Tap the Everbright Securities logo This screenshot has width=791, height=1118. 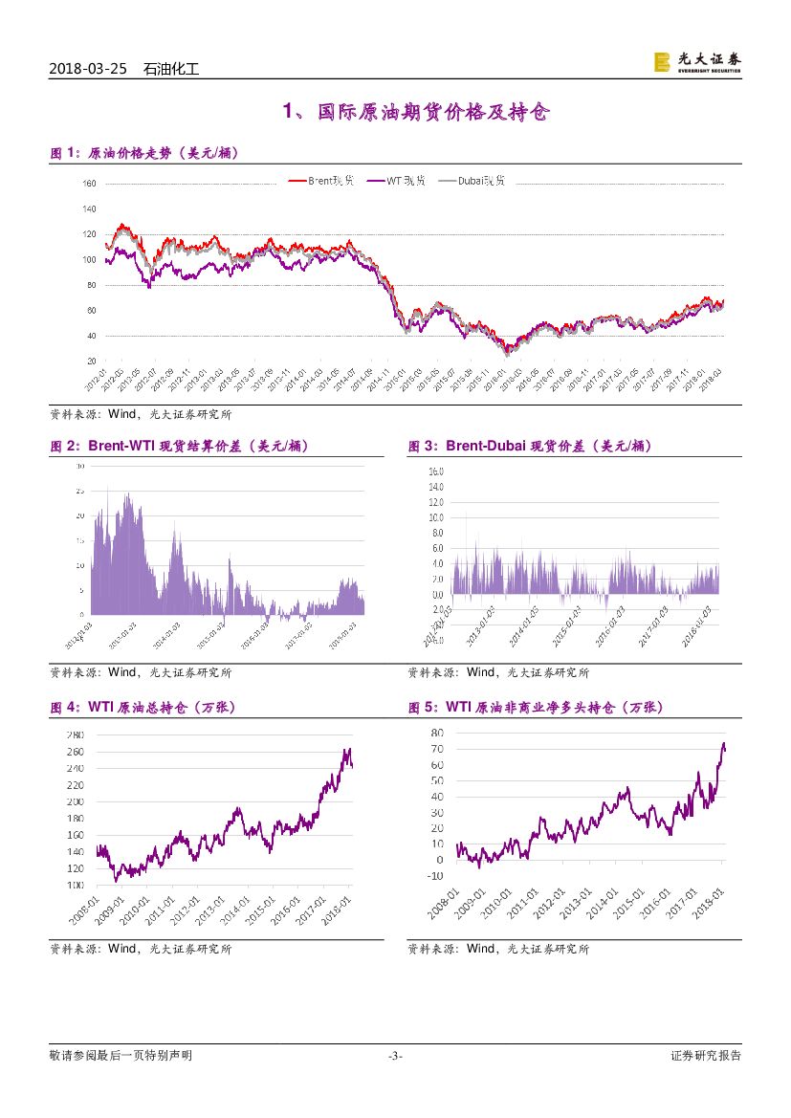[x=696, y=62]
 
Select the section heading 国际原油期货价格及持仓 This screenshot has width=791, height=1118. [x=416, y=113]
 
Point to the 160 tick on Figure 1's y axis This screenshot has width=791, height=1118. [x=90, y=183]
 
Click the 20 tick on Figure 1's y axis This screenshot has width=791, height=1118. [x=92, y=362]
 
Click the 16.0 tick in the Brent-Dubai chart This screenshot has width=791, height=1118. [x=435, y=471]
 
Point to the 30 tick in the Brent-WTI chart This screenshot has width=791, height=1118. [x=80, y=466]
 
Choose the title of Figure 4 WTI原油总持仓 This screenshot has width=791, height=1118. [x=143, y=708]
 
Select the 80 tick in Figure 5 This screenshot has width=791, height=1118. [x=437, y=733]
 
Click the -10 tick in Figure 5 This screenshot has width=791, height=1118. [x=435, y=875]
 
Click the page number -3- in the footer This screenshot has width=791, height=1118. [x=395, y=1056]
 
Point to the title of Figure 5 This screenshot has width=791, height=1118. [x=535, y=708]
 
